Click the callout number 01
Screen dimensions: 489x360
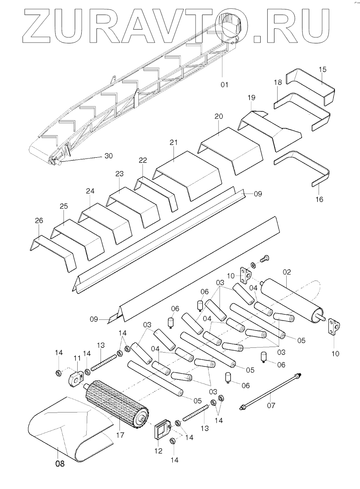tap(224, 84)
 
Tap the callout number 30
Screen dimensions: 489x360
tap(108, 156)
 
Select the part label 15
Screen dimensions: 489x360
tap(323, 70)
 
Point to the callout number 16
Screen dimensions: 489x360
tap(319, 200)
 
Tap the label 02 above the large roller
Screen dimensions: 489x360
tap(287, 272)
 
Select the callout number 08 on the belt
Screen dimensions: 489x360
tap(60, 464)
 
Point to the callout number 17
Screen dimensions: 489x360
tap(120, 435)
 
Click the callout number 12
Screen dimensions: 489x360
tap(159, 451)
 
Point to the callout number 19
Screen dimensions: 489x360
tap(252, 97)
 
